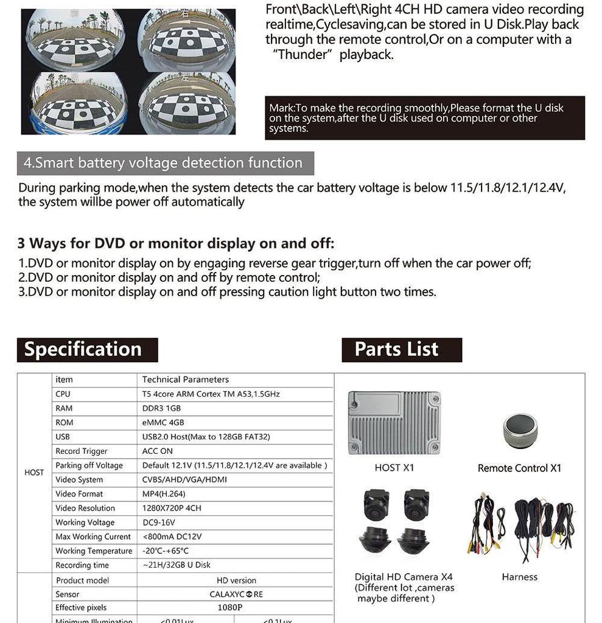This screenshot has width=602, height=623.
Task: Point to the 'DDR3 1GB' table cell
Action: (161, 408)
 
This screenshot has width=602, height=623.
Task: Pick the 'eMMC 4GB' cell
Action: (163, 422)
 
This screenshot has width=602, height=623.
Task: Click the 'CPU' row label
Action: (63, 394)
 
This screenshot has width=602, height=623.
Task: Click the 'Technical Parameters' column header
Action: (186, 380)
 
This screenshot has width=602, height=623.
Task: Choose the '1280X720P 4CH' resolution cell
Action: (172, 508)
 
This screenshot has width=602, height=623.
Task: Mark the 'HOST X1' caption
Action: (394, 468)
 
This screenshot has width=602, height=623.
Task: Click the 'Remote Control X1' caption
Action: (519, 468)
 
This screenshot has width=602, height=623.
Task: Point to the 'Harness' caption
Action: (519, 577)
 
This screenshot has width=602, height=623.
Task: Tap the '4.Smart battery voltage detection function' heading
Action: (163, 163)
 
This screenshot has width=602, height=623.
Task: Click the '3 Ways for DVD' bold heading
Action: (176, 244)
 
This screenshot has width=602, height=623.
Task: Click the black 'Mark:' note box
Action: (424, 118)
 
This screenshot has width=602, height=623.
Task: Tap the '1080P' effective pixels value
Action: (230, 607)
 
